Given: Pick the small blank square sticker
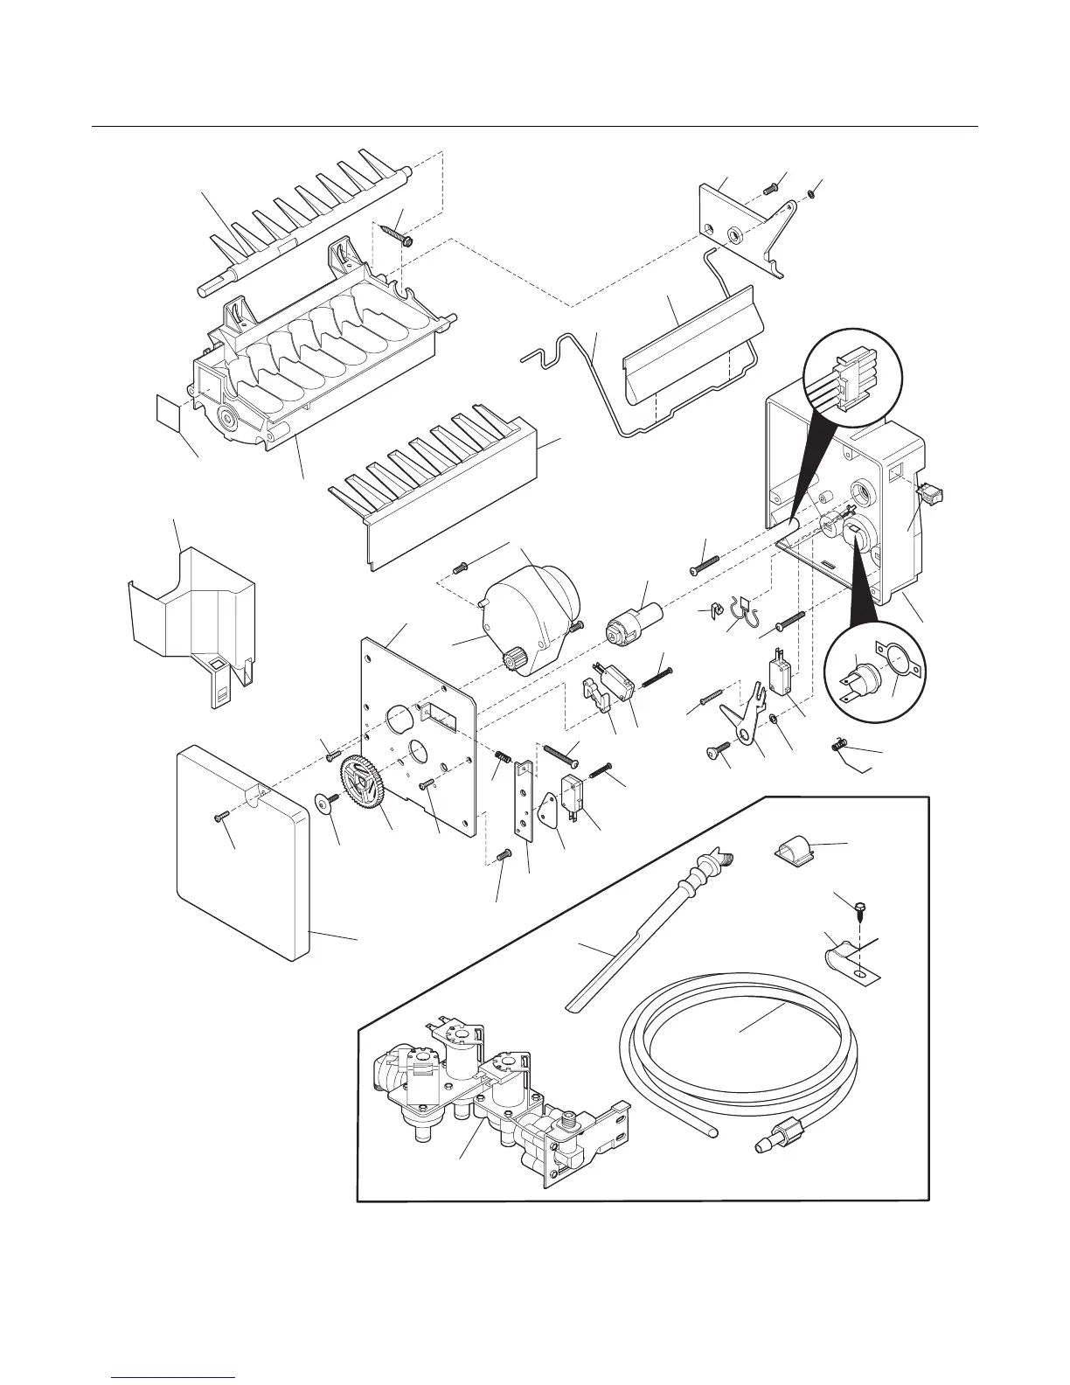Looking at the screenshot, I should pyautogui.click(x=168, y=412).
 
